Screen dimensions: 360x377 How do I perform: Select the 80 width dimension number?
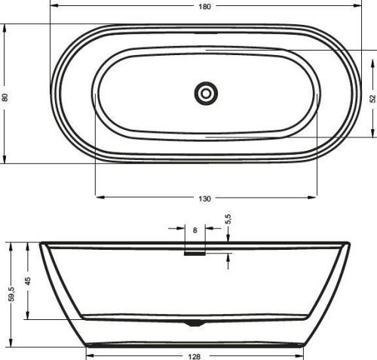pyautogui.click(x=5, y=97)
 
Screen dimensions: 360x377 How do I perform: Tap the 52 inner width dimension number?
pyautogui.click(x=372, y=97)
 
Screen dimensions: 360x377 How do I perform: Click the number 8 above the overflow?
pyautogui.click(x=195, y=231)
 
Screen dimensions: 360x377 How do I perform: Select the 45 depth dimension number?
pyautogui.click(x=28, y=282)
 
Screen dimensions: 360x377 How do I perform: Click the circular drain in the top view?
pyautogui.click(x=206, y=94)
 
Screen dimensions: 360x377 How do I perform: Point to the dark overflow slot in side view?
pyautogui.click(x=195, y=254)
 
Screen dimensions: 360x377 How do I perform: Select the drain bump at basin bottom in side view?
pyautogui.click(x=195, y=322)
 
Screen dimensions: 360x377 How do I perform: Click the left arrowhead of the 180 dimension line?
pyautogui.click(x=54, y=6)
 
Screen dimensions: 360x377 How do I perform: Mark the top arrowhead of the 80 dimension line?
pyautogui.click(x=5, y=28)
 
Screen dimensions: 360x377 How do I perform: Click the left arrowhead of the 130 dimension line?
pyautogui.click(x=98, y=198)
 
